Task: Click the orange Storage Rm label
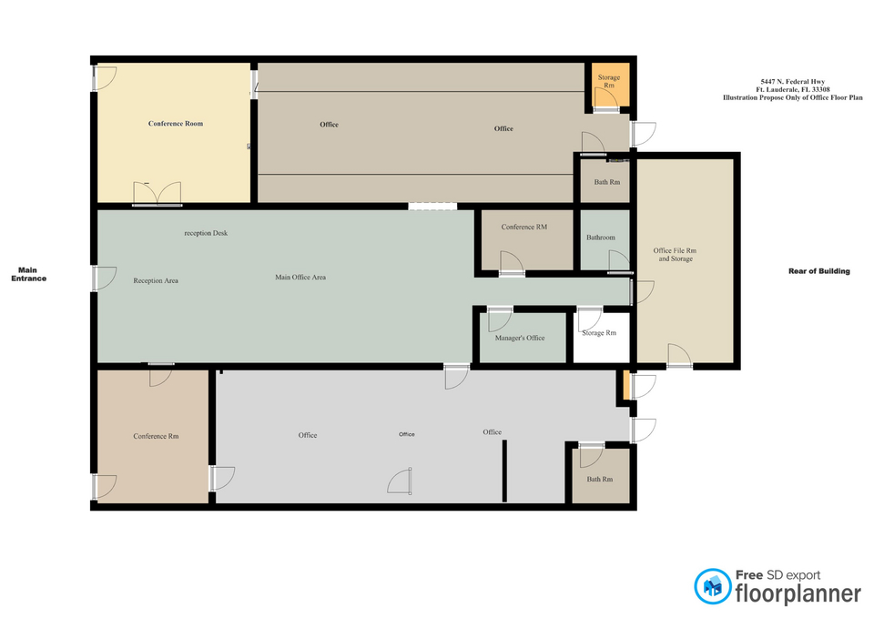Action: [x=609, y=81]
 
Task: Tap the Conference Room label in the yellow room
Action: [x=176, y=124]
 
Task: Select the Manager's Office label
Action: [x=520, y=338]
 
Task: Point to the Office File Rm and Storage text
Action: [x=675, y=255]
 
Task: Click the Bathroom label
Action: [x=600, y=238]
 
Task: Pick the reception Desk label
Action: [x=206, y=233]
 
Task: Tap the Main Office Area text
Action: [x=300, y=277]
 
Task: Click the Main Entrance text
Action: [x=28, y=274]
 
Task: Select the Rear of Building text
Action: [x=818, y=271]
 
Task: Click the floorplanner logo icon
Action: [x=712, y=586]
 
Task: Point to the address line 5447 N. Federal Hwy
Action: [x=793, y=81]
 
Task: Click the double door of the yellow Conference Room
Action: [x=158, y=193]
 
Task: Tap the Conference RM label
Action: [x=524, y=227]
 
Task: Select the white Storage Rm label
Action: [x=599, y=333]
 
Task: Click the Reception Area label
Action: [x=156, y=281]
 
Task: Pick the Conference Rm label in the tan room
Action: [x=156, y=436]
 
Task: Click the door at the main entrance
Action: [x=104, y=279]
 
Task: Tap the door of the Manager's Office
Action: [x=500, y=319]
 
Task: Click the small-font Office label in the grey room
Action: [x=406, y=434]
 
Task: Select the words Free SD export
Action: [x=778, y=575]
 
